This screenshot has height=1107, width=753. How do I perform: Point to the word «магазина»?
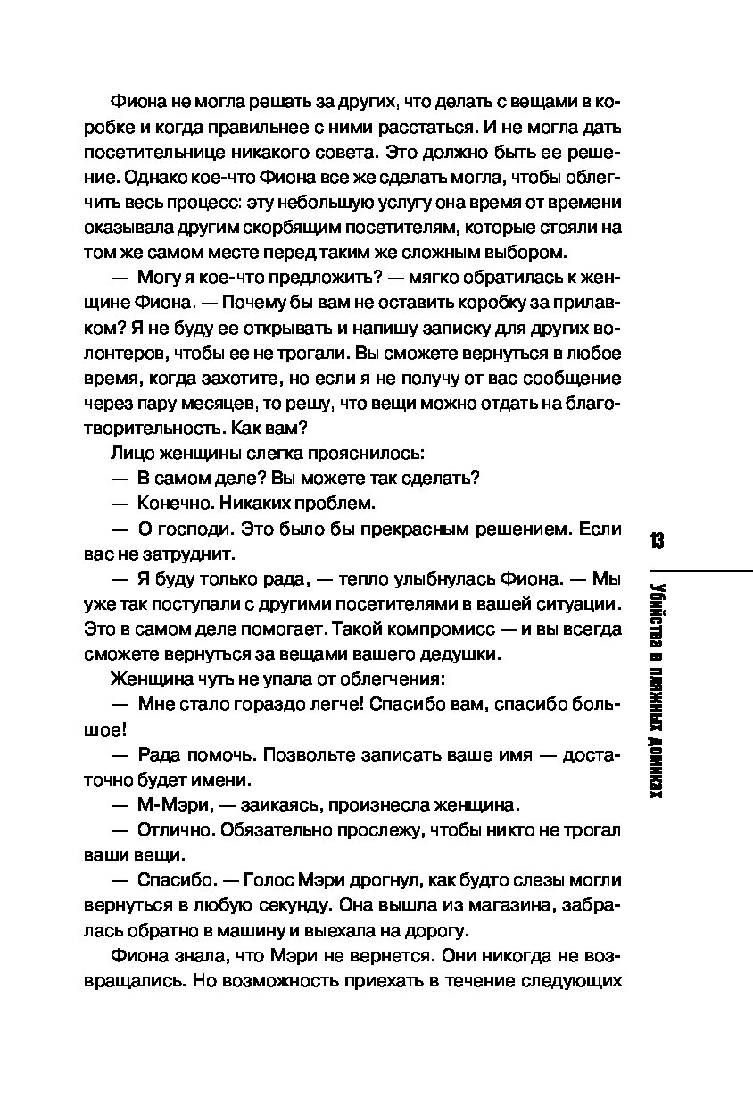click(x=519, y=905)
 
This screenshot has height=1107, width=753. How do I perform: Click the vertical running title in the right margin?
click(x=658, y=687)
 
